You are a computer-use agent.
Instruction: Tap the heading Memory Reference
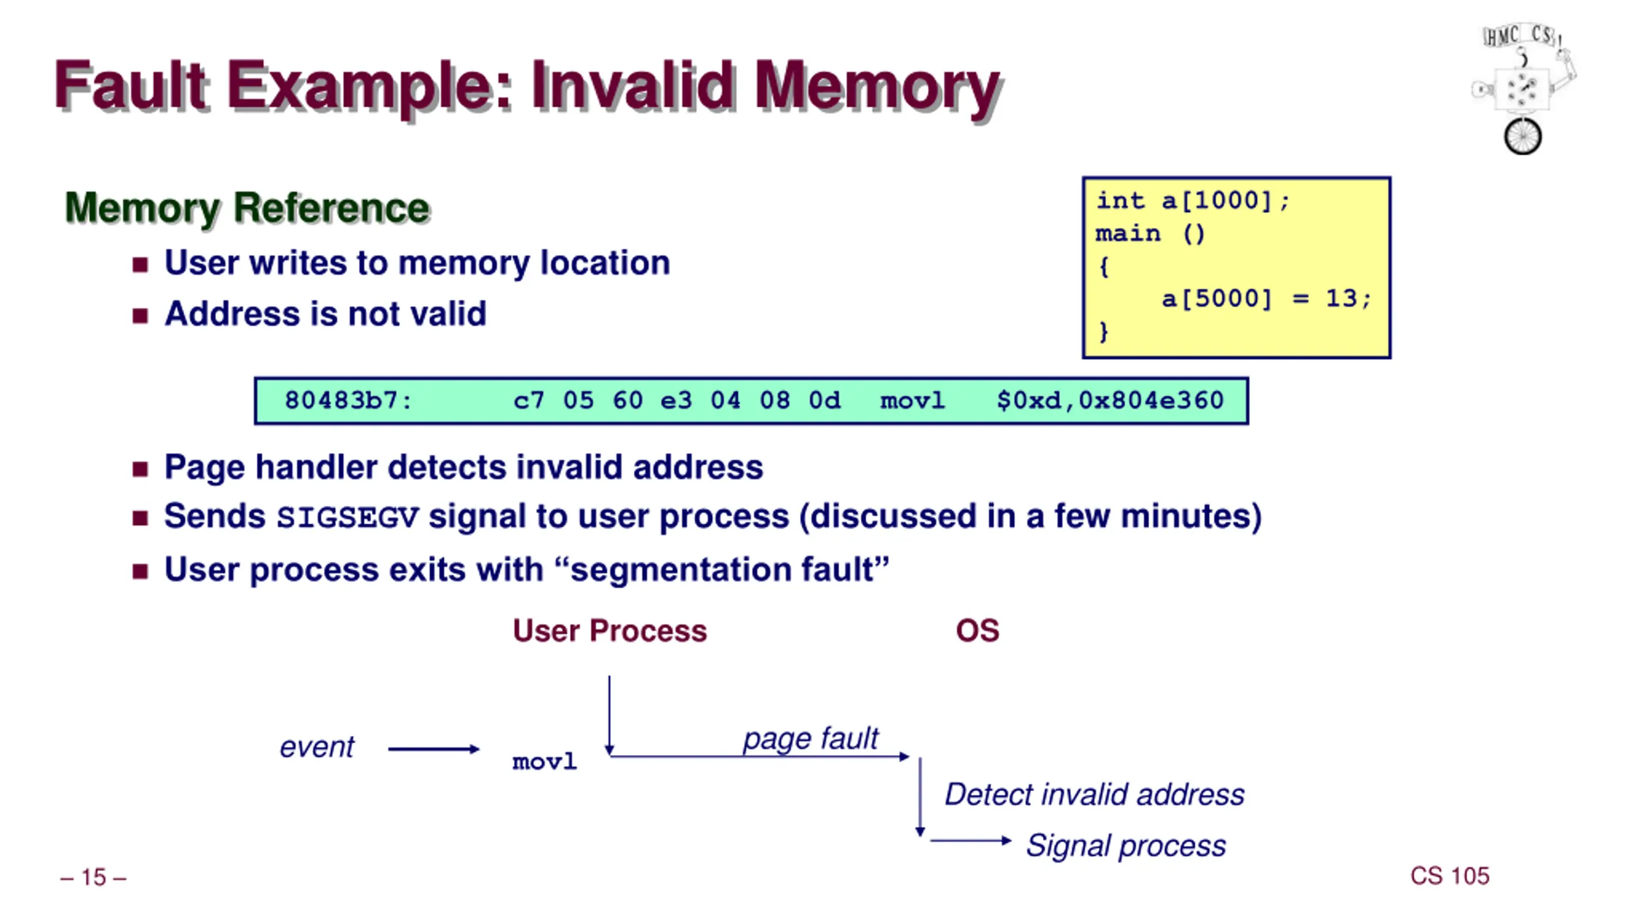click(x=247, y=208)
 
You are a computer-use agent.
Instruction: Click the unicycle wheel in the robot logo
click(x=1522, y=136)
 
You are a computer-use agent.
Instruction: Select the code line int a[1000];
click(x=1193, y=201)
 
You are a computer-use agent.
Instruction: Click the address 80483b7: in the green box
click(x=348, y=401)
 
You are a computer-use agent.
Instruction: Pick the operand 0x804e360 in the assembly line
click(x=1151, y=401)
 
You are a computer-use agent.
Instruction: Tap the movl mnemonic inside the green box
click(x=913, y=401)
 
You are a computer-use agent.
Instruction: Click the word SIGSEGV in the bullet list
click(x=348, y=517)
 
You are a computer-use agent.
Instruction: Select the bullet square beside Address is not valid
click(x=140, y=315)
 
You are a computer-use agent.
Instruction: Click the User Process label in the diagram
click(x=610, y=631)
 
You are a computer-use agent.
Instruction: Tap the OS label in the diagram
click(x=977, y=631)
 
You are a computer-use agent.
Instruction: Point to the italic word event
click(x=317, y=747)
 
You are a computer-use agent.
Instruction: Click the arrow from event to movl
click(x=434, y=749)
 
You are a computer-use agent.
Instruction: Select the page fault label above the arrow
click(x=810, y=739)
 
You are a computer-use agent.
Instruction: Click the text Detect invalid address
click(x=1095, y=795)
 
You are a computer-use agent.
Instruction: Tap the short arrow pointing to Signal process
click(x=971, y=840)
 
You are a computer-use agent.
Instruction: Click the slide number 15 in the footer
click(x=93, y=877)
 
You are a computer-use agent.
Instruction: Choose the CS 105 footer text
click(x=1449, y=876)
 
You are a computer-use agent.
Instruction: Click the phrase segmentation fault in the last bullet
click(x=722, y=570)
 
